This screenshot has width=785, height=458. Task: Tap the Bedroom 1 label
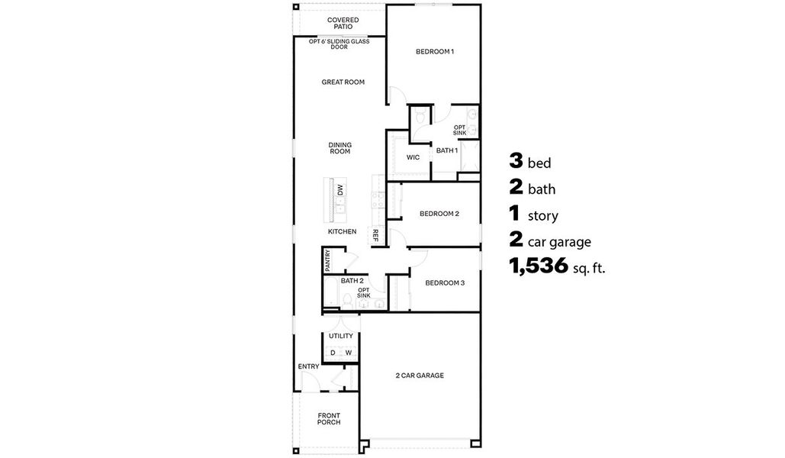(434, 52)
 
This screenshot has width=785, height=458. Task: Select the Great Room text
(343, 82)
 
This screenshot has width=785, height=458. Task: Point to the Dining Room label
(339, 148)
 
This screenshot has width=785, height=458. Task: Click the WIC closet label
(413, 157)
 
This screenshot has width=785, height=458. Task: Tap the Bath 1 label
(446, 150)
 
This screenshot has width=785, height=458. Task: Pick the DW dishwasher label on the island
(340, 189)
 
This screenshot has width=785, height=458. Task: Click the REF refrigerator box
(375, 237)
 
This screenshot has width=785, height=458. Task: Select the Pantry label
(327, 260)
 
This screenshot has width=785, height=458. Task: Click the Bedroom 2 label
(439, 214)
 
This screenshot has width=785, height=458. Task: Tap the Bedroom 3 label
(445, 282)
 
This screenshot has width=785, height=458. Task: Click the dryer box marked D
(333, 353)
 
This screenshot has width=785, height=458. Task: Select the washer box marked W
(349, 353)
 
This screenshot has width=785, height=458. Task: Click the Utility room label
(340, 336)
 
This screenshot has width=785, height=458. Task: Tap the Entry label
(308, 366)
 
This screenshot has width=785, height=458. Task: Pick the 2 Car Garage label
(419, 375)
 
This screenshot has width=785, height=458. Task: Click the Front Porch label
(329, 418)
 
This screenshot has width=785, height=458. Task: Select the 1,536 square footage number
(539, 266)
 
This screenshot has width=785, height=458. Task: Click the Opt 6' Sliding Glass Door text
(339, 44)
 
